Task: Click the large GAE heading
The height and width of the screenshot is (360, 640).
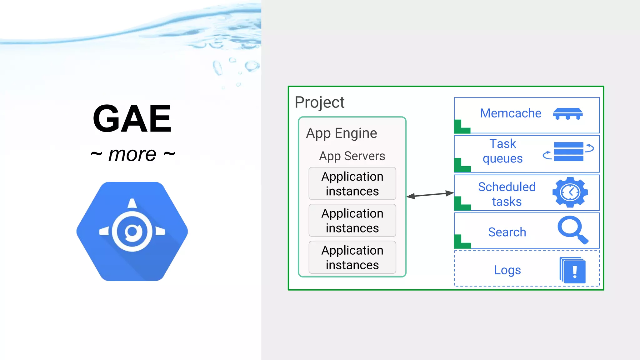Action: coord(132,119)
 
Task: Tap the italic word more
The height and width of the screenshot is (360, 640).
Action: coord(132,154)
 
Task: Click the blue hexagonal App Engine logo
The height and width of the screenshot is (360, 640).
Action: coord(132,231)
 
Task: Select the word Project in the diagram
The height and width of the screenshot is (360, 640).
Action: coord(319,102)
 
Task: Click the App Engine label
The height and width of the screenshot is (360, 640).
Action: coord(342,133)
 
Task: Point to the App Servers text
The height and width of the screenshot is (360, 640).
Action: coord(352,156)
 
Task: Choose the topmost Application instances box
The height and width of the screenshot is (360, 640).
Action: coord(352,184)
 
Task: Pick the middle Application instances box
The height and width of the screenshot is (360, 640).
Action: coord(352,221)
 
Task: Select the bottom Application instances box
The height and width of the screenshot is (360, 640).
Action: coord(352,257)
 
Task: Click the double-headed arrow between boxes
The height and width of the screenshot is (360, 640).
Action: coord(430,195)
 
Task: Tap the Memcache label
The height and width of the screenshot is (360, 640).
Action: coord(510,113)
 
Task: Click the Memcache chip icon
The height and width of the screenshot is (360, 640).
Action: coord(568,114)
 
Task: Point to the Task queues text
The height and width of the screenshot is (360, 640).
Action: coord(502,151)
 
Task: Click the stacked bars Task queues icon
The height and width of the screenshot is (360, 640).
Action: coord(568,152)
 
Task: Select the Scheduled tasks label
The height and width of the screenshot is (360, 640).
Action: coord(507,194)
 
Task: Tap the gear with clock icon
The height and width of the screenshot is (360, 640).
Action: coord(570,192)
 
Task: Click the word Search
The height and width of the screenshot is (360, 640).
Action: coord(507,232)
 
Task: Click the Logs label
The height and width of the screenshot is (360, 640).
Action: coord(507,270)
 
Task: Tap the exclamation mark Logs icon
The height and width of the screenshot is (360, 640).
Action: coord(573,270)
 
